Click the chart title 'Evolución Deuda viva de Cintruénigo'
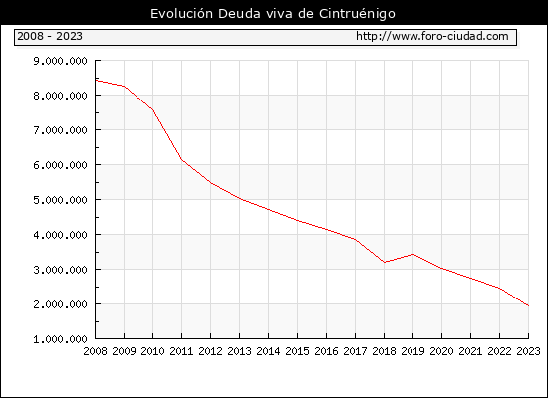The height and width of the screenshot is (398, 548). (x=273, y=14)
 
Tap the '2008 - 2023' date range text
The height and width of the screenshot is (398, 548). (x=50, y=36)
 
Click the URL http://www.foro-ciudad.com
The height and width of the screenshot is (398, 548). (x=432, y=36)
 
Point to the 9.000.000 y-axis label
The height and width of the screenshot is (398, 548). (x=60, y=61)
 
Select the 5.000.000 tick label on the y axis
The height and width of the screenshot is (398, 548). (x=60, y=200)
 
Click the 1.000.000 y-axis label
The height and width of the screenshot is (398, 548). (x=60, y=339)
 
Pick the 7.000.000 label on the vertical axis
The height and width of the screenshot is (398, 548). (x=60, y=130)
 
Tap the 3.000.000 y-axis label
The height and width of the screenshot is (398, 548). (x=60, y=270)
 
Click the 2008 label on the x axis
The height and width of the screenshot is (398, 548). (x=95, y=351)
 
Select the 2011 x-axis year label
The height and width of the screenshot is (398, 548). (x=181, y=351)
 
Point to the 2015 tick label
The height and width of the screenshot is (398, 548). (x=298, y=351)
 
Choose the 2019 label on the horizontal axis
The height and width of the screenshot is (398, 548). (x=413, y=351)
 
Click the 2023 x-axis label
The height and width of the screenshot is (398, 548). (x=528, y=351)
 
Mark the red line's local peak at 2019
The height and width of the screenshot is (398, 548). (x=413, y=254)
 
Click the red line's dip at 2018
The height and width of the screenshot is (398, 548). (x=384, y=262)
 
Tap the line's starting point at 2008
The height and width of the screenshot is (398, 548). (x=96, y=81)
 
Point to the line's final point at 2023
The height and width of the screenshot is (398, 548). (x=528, y=305)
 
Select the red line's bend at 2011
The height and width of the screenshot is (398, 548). (x=181, y=160)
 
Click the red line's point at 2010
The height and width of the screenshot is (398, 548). (x=153, y=110)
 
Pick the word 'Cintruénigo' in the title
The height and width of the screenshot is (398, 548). (x=357, y=14)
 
